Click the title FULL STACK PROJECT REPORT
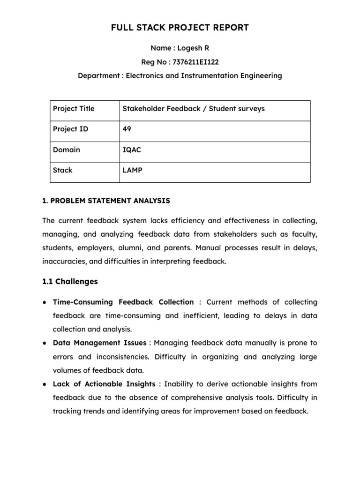pyautogui.click(x=180, y=28)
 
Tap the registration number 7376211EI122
pyautogui.click(x=196, y=61)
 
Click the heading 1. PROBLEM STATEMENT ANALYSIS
pyautogui.click(x=106, y=201)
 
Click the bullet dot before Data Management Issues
pyautogui.click(x=44, y=343)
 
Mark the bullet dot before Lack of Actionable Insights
pyautogui.click(x=44, y=384)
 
